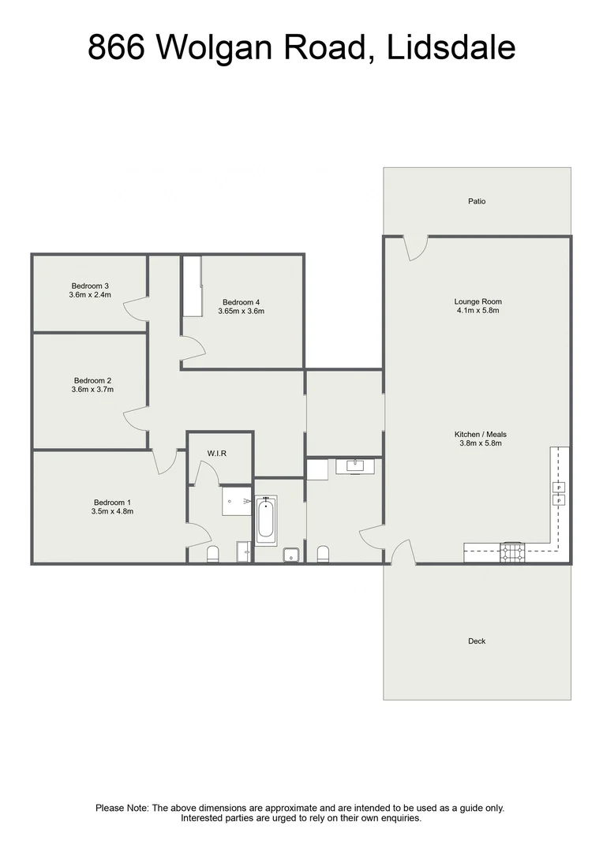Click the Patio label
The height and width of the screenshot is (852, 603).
[x=477, y=201]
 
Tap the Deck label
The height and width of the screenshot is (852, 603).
[x=477, y=641]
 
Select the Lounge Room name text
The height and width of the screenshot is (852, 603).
[x=478, y=301]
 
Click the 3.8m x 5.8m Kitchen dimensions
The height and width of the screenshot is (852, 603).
[x=480, y=443]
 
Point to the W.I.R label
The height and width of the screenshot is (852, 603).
[x=218, y=454]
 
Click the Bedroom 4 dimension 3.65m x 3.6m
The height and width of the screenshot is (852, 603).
[x=241, y=312]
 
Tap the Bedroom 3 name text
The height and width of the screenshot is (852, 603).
[x=90, y=286]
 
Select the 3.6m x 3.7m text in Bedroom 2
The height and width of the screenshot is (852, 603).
[x=92, y=389]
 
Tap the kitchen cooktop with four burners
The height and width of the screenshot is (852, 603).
[x=513, y=552]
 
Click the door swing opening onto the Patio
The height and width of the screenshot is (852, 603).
[x=415, y=248]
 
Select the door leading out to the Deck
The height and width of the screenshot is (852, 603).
[x=403, y=552]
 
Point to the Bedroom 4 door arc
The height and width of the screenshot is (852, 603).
[x=191, y=346]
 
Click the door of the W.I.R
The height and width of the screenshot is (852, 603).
[x=207, y=474]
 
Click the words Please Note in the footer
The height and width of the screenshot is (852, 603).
[x=122, y=808]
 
